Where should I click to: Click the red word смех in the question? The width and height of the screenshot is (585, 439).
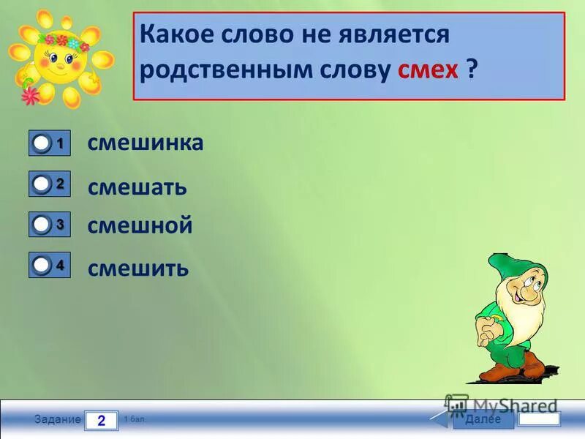click(x=428, y=71)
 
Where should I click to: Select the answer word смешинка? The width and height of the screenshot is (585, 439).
click(x=146, y=143)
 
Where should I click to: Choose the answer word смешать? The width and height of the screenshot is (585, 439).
click(x=137, y=187)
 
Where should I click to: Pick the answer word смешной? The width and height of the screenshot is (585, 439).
click(x=140, y=225)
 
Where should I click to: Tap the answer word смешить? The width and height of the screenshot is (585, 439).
click(x=138, y=269)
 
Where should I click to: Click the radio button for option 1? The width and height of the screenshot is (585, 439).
click(x=42, y=145)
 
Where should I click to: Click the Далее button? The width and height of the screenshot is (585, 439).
click(x=483, y=419)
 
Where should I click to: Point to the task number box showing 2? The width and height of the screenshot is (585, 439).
click(x=101, y=421)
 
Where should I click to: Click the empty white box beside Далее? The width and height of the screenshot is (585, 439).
click(x=540, y=419)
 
